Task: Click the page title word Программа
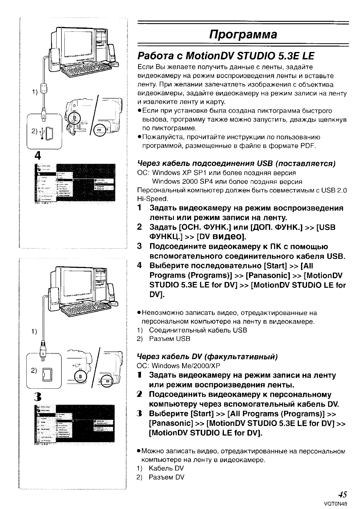tap(243, 34)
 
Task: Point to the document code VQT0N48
tap(335, 504)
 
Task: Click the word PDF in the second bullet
tap(308, 146)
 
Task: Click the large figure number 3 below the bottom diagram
tap(38, 397)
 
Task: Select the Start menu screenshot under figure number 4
tap(75, 183)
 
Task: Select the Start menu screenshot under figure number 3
tap(75, 424)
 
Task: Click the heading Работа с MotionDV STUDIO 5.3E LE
tap(226, 56)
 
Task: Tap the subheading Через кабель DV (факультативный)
tap(207, 356)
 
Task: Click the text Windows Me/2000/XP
tap(186, 366)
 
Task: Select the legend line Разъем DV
tap(166, 477)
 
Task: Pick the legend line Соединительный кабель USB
tap(198, 330)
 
